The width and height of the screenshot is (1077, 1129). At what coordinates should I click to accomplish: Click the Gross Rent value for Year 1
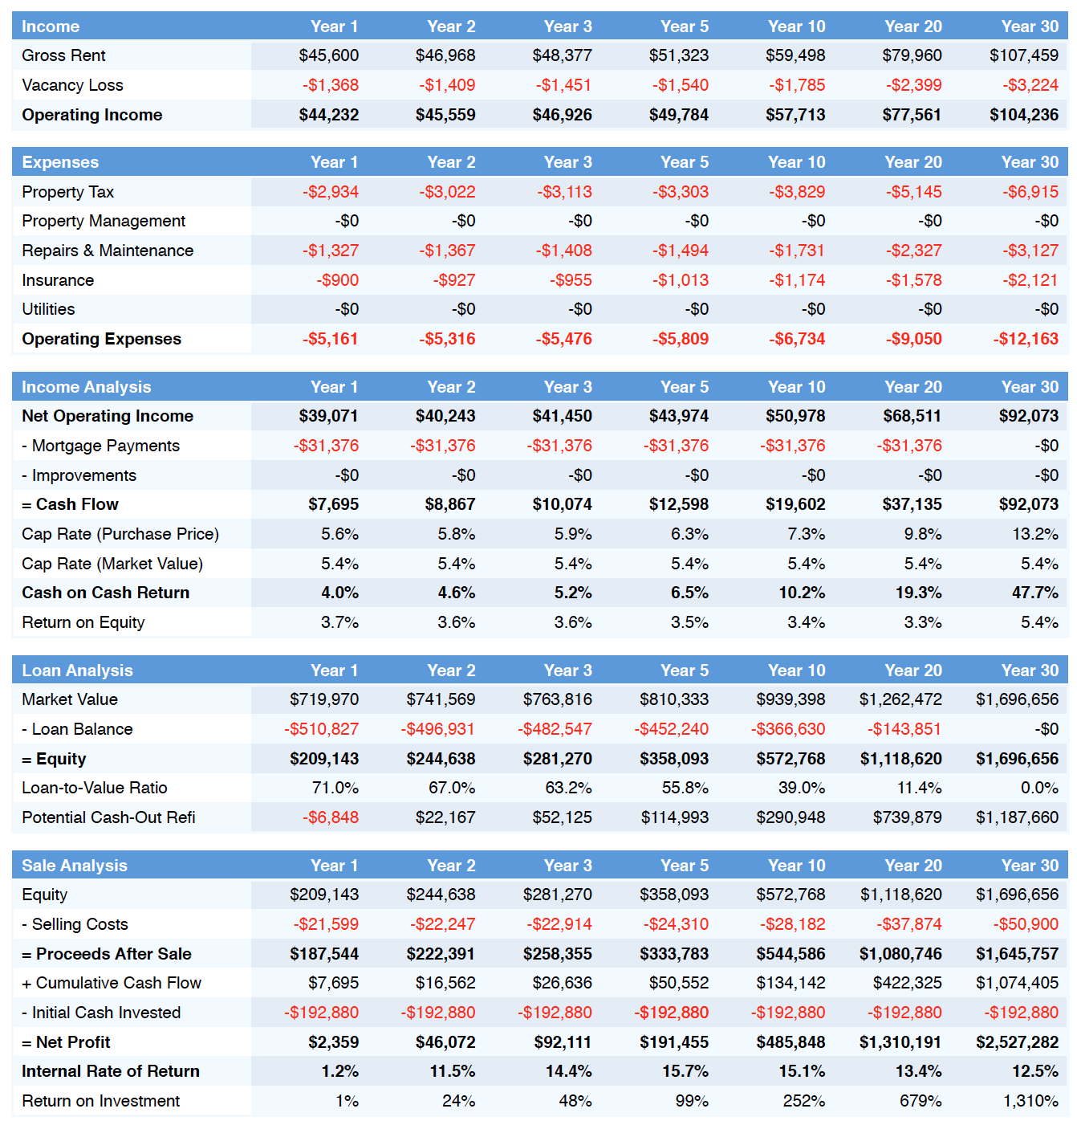tap(328, 55)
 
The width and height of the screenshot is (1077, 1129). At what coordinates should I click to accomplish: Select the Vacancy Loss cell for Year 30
tap(1030, 85)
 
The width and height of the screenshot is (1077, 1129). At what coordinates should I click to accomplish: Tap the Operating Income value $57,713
tap(795, 115)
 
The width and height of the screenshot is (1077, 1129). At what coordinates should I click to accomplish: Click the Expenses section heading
tap(60, 162)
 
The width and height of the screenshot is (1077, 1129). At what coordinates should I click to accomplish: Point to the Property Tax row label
tap(67, 192)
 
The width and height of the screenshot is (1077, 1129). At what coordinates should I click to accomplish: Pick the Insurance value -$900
tap(338, 280)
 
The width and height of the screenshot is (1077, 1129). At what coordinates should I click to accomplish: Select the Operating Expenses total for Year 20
tap(913, 339)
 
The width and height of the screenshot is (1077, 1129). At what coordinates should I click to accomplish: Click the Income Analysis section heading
tap(86, 387)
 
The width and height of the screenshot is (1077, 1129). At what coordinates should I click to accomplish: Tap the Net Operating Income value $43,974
tap(679, 416)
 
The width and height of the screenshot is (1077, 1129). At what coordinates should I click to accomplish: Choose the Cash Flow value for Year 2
tap(450, 504)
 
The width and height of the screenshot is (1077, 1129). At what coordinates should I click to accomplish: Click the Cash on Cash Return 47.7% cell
tap(1034, 593)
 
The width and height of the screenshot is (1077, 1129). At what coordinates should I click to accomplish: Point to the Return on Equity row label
tap(83, 622)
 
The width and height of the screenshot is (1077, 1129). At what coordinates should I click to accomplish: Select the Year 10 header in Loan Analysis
tap(796, 670)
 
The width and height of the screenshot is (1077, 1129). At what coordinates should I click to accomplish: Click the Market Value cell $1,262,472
tap(900, 699)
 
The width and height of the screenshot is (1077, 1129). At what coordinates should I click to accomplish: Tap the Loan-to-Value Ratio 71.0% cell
tap(335, 788)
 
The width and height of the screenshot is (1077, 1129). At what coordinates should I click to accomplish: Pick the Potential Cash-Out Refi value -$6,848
tap(331, 817)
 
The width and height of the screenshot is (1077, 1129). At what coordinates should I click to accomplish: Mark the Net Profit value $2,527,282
tap(1017, 1041)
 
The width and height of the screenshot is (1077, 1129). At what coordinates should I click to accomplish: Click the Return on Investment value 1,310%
tap(1030, 1101)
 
